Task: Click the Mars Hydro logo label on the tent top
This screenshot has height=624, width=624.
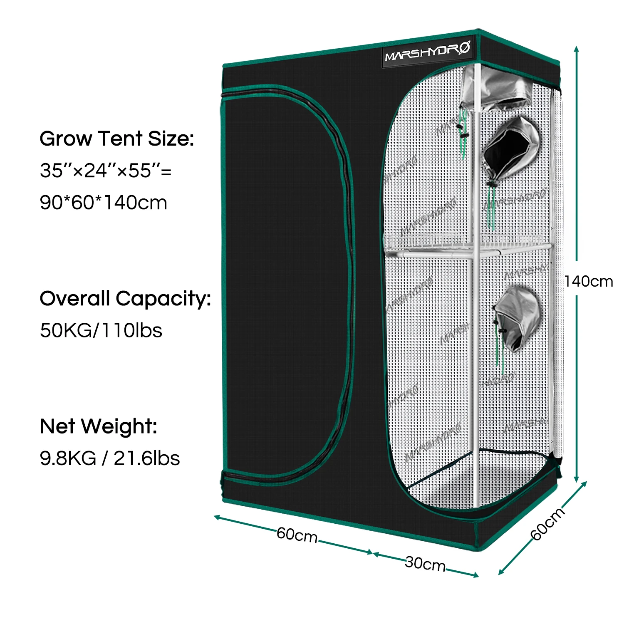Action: (428, 52)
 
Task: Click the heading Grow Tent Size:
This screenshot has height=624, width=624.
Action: (117, 139)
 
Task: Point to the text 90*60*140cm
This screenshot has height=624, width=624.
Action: (104, 203)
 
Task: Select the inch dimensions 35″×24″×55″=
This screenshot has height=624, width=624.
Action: (106, 171)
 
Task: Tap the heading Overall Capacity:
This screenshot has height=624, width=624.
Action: (125, 299)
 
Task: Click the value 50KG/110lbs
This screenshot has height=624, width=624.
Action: (101, 330)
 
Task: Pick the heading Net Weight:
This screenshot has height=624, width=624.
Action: (99, 426)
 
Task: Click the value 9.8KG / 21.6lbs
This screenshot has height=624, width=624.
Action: (110, 458)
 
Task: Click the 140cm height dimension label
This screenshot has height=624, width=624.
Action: (589, 282)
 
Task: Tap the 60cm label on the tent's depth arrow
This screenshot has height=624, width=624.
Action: (548, 523)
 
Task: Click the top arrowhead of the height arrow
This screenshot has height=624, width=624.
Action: (577, 49)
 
